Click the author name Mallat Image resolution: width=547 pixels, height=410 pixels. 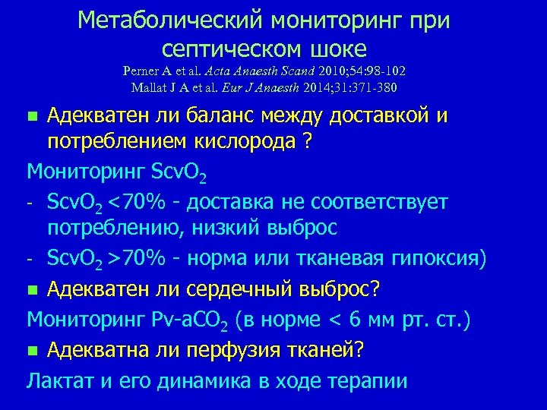[x=150, y=87]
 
